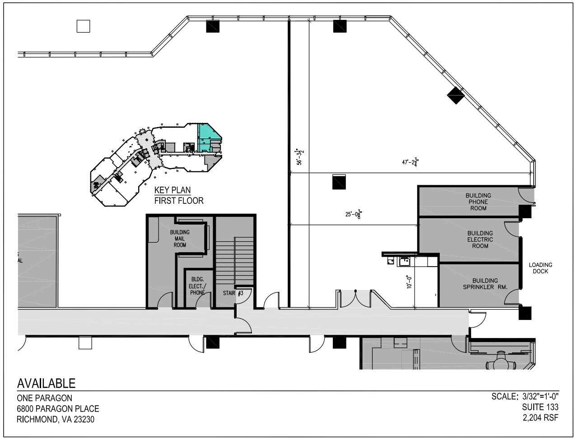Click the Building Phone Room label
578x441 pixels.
478,202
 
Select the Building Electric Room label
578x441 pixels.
480,239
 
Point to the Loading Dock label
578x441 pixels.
541,268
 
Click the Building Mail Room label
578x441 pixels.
180,239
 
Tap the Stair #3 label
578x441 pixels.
233,293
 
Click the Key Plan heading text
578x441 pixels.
172,190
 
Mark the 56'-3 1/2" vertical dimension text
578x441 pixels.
299,157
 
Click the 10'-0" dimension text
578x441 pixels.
409,281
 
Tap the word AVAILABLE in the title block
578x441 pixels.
46,384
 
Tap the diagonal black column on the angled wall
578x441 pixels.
456,95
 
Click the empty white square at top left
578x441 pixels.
83,27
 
